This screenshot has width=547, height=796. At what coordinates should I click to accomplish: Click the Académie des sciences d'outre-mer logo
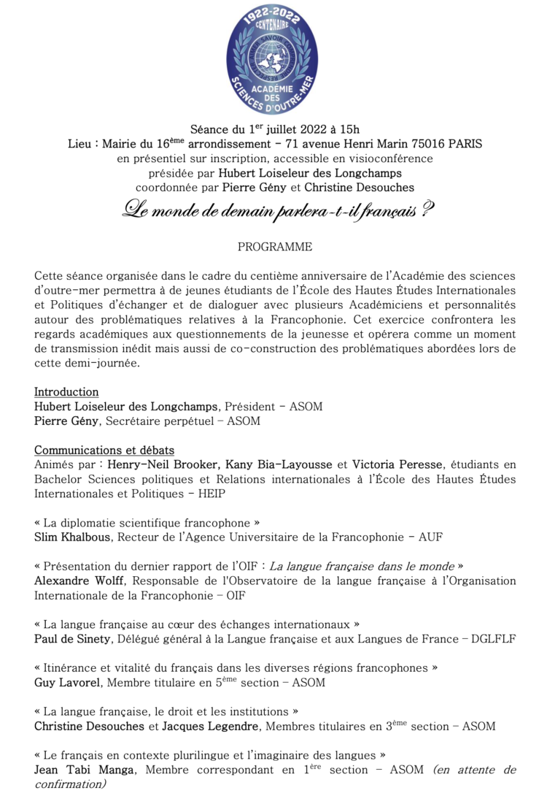(x=273, y=56)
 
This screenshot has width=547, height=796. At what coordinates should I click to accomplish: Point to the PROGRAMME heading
(x=275, y=247)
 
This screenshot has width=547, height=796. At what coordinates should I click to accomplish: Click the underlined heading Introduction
(x=66, y=392)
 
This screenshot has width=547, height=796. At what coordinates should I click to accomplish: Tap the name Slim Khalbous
(x=72, y=537)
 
